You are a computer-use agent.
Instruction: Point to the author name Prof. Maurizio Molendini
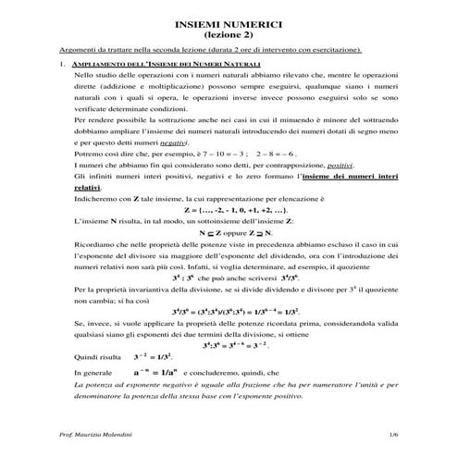pos(96,434)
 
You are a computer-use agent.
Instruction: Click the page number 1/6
pos(393,434)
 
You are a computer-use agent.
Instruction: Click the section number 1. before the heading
pos(60,63)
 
